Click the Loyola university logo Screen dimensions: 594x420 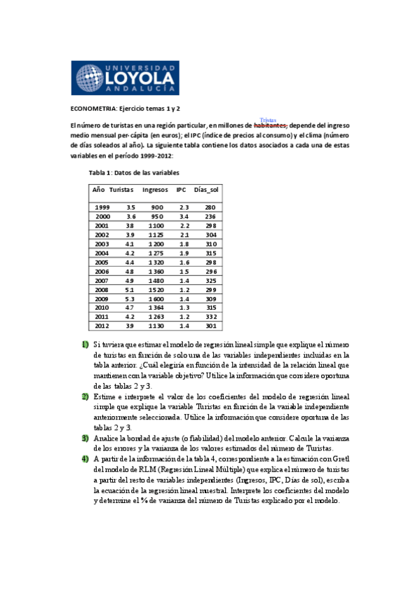tap(126, 78)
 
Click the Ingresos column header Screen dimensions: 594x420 tap(155, 190)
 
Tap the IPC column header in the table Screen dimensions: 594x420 tap(182, 190)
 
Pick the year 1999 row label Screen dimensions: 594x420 tap(102, 207)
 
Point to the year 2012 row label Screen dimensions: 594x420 tap(102, 326)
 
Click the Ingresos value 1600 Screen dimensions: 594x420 tap(156, 298)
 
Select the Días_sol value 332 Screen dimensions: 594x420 tap(210, 317)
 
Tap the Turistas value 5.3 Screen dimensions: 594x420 tap(130, 298)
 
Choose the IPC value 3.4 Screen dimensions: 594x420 tap(184, 216)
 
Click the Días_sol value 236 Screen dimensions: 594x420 tap(210, 216)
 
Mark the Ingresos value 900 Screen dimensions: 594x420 tap(156, 207)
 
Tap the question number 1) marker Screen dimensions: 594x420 tap(84, 345)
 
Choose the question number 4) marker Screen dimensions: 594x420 tap(84, 459)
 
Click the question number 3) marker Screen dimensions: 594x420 tap(84, 438)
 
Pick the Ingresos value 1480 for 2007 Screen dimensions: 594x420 tap(156, 280)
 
